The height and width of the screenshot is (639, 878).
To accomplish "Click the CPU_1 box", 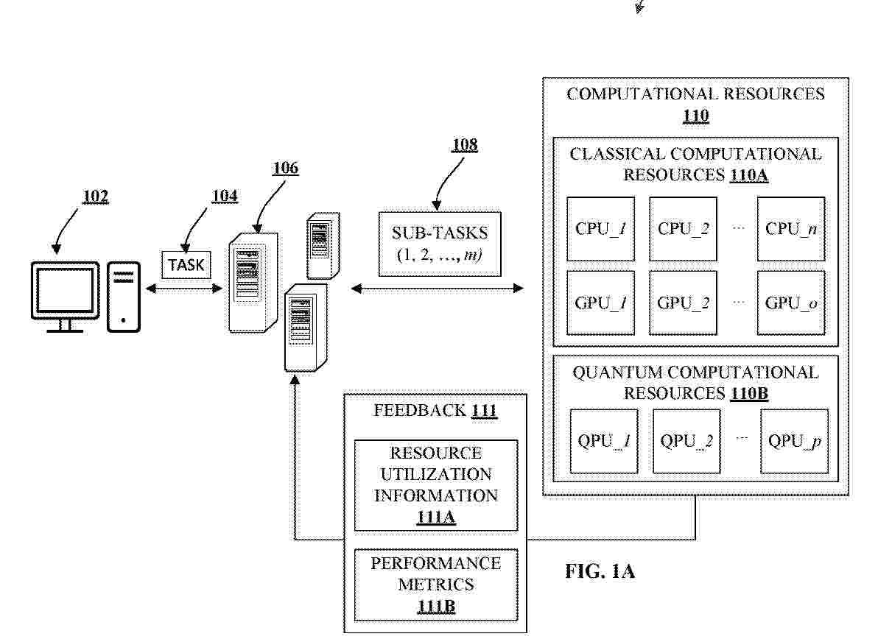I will [x=600, y=230].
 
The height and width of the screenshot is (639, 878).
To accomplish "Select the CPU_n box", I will [x=791, y=230].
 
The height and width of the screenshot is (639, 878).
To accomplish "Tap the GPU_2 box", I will [x=683, y=303].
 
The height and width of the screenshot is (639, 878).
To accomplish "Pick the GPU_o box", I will [x=791, y=303].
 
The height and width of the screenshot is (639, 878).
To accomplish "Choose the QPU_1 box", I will [x=603, y=442].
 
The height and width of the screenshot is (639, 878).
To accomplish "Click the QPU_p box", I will [x=795, y=442].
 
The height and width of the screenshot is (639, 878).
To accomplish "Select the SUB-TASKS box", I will [x=440, y=244].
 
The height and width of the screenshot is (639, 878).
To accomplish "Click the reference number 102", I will [x=95, y=197].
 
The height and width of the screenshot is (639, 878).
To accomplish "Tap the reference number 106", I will [x=285, y=169].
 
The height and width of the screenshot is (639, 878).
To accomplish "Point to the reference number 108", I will [x=465, y=145].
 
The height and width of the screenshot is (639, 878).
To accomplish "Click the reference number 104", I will [x=225, y=195].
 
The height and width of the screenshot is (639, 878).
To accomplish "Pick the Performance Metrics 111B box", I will [x=435, y=585].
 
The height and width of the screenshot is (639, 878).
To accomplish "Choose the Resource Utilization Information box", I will [x=435, y=485].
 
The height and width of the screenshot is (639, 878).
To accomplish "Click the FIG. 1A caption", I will [x=600, y=571].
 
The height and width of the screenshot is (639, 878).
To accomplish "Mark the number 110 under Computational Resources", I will [x=695, y=116].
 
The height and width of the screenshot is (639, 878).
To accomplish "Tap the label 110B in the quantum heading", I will [x=749, y=394].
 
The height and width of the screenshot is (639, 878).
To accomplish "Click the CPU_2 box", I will [x=683, y=230].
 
